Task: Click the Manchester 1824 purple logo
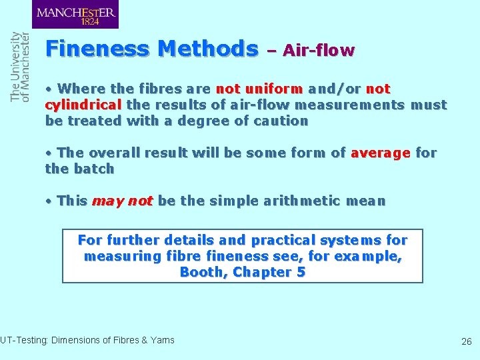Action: point(75,14)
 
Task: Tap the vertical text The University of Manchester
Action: point(21,67)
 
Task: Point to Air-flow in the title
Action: point(319,50)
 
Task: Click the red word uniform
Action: point(274,89)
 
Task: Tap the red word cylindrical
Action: point(83,105)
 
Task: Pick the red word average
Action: point(380,153)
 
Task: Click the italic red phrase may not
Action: point(122,201)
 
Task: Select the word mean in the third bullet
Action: point(367,201)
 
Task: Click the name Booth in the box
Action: point(203,272)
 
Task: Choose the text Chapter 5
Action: point(269,272)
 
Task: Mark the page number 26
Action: point(466,341)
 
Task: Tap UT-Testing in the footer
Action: point(21,340)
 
